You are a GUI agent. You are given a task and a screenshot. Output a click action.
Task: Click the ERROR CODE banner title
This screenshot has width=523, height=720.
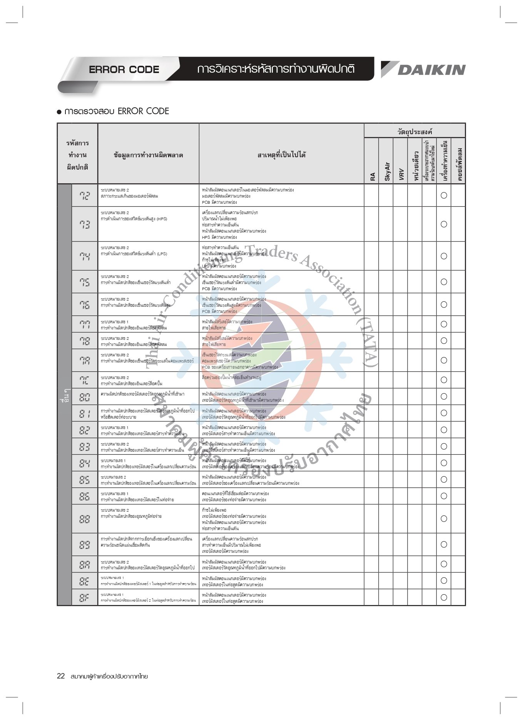click(x=124, y=70)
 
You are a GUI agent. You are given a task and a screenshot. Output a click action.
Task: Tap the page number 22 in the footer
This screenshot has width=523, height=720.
click(x=61, y=676)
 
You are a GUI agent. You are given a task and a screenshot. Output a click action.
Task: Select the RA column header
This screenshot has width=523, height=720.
click(x=372, y=176)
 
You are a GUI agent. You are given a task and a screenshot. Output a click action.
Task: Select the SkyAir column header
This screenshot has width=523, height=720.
click(x=387, y=171)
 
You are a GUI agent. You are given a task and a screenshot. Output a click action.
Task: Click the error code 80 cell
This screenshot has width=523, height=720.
click(x=85, y=397)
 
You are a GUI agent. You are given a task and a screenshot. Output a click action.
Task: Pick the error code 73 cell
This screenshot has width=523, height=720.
click(x=85, y=224)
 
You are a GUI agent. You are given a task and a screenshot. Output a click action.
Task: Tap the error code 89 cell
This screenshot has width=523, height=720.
click(x=85, y=545)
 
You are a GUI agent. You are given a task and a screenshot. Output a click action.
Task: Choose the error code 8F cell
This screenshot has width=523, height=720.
click(x=85, y=597)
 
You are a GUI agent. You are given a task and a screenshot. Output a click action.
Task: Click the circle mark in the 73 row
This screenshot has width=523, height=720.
click(x=444, y=224)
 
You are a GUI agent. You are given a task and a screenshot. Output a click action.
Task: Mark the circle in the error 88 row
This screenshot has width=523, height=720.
click(x=444, y=519)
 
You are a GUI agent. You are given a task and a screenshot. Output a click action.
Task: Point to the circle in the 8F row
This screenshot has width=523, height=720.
click(x=444, y=597)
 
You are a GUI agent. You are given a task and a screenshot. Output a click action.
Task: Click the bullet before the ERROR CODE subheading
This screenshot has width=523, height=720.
click(x=59, y=112)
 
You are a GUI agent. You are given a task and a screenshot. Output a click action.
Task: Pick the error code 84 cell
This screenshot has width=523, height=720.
click(x=85, y=463)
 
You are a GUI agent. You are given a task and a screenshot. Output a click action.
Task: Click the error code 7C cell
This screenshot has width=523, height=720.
click(x=85, y=380)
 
